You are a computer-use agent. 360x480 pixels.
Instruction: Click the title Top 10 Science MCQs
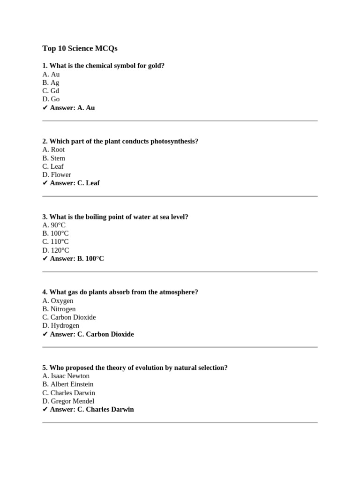point(80,48)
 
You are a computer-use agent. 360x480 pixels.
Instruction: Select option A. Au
point(51,74)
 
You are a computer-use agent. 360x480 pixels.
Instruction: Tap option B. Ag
point(51,82)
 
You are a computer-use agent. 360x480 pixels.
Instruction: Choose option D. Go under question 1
point(51,99)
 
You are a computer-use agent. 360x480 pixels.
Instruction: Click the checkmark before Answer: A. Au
point(45,108)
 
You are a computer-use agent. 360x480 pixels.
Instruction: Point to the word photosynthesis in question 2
point(173,141)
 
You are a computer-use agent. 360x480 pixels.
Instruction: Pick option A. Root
point(53,150)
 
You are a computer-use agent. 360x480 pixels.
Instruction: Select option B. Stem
point(53,158)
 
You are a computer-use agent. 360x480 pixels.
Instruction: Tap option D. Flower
point(57,175)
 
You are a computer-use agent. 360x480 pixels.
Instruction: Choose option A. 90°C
point(54,225)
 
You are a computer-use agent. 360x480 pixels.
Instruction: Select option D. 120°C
point(55,250)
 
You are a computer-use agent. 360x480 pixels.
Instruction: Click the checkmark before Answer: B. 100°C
point(45,259)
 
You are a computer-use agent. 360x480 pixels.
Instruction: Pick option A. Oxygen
point(58,300)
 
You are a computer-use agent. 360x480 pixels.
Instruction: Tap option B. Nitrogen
point(59,309)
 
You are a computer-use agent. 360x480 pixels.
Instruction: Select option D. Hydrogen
point(60,326)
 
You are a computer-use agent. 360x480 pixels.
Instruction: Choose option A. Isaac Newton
point(66,376)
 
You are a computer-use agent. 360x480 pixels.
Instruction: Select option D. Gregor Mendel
point(68,401)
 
